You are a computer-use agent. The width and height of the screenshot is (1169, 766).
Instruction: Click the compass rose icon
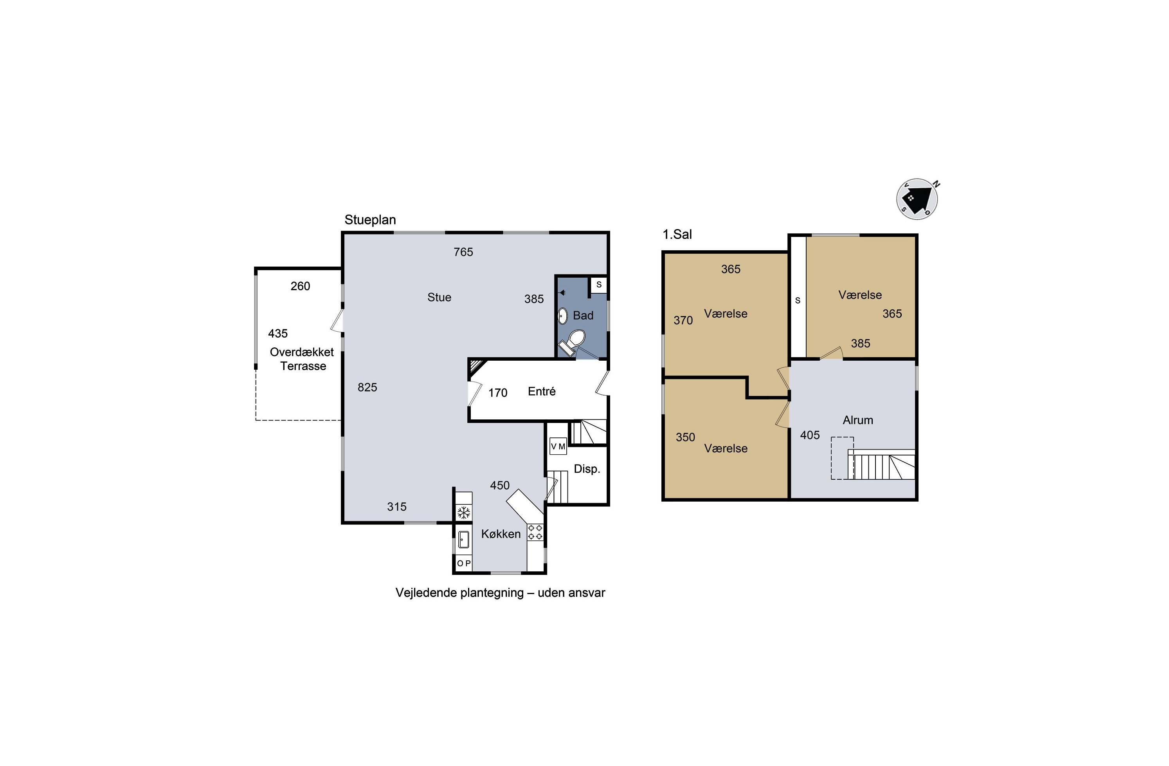pyautogui.click(x=917, y=199)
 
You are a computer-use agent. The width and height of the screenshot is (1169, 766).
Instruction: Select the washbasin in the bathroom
pyautogui.click(x=563, y=315)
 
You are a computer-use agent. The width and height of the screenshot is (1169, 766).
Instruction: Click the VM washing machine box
pyautogui.click(x=558, y=446)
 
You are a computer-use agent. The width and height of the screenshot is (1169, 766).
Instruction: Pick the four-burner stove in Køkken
pyautogui.click(x=535, y=533)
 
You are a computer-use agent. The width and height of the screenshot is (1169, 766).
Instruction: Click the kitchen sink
pyautogui.click(x=464, y=540)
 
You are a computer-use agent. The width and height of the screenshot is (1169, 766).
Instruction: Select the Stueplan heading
pyautogui.click(x=370, y=220)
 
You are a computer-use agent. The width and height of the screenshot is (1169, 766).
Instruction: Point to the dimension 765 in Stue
pyautogui.click(x=463, y=252)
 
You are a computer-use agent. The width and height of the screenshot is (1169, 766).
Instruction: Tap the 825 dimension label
pyautogui.click(x=367, y=387)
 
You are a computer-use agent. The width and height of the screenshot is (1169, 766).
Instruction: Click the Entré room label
pyautogui.click(x=542, y=391)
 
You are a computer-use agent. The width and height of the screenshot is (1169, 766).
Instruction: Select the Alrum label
pyautogui.click(x=858, y=420)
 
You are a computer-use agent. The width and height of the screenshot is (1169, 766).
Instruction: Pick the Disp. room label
pyautogui.click(x=587, y=469)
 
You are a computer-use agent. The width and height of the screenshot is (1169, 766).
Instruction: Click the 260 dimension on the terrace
pyautogui.click(x=300, y=286)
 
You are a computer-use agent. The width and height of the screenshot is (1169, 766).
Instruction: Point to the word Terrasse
pyautogui.click(x=303, y=366)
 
